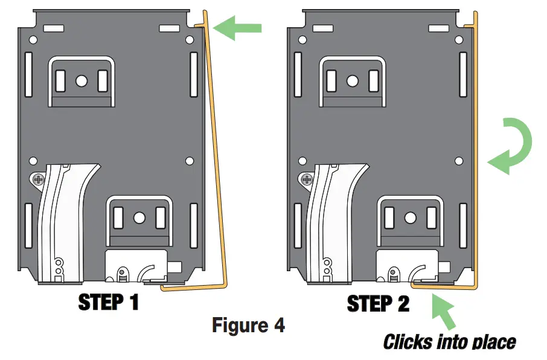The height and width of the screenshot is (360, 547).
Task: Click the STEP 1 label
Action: point(109,301)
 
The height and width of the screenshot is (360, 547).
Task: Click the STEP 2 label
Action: point(379,303)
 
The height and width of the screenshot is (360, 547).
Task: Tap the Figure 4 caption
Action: point(248,326)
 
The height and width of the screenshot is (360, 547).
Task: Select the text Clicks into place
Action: point(450,342)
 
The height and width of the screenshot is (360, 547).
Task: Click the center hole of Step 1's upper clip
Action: point(82,80)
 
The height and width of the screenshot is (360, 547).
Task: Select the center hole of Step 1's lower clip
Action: point(139,217)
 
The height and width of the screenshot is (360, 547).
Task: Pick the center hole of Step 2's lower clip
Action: point(410,217)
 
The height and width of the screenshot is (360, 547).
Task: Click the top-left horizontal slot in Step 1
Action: point(54,28)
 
